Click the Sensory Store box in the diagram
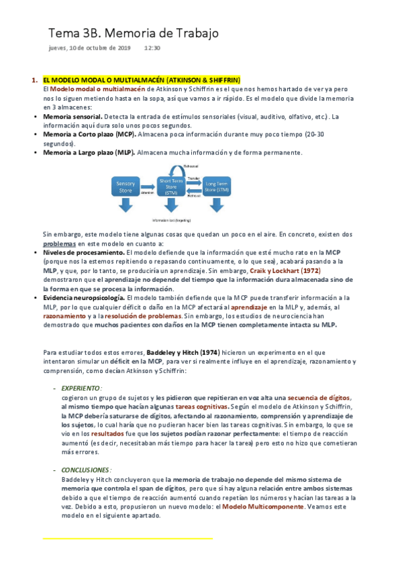coord(125,187)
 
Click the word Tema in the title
coord(61,34)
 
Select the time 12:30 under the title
coord(152,48)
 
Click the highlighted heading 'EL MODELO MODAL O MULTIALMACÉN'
coord(104,80)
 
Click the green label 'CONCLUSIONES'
coord(85,470)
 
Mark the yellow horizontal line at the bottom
coord(128,538)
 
